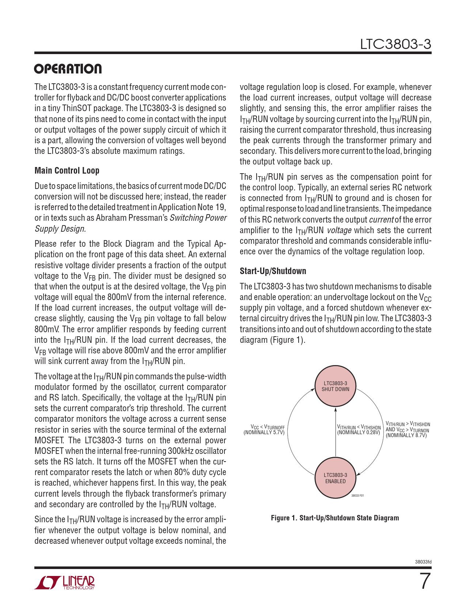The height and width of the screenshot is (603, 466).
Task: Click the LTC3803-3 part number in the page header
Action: pos(395,44)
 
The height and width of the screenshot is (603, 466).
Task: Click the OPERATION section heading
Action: pos(68,69)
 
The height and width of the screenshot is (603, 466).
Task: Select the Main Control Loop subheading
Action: pos(67,171)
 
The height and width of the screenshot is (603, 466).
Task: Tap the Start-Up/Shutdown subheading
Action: pos(273,271)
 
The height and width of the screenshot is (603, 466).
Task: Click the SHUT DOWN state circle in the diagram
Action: pos(335,386)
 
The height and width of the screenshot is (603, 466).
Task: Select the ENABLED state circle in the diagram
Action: pos(335,478)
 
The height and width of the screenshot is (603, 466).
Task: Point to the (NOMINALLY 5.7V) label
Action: pos(264,433)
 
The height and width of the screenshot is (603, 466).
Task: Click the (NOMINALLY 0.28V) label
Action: pos(359,433)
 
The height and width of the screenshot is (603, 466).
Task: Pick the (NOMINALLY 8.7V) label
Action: pos(406,435)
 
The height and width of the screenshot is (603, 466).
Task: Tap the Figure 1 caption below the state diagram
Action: pos(335,518)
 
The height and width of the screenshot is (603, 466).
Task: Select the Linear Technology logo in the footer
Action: pos(65,583)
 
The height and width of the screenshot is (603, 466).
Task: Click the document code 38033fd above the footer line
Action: pos(423,562)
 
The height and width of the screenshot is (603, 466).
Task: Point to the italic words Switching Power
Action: pos(198,218)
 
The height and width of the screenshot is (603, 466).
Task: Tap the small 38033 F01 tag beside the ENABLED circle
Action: pos(357,496)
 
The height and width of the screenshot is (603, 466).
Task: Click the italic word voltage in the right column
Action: pos(339,230)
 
